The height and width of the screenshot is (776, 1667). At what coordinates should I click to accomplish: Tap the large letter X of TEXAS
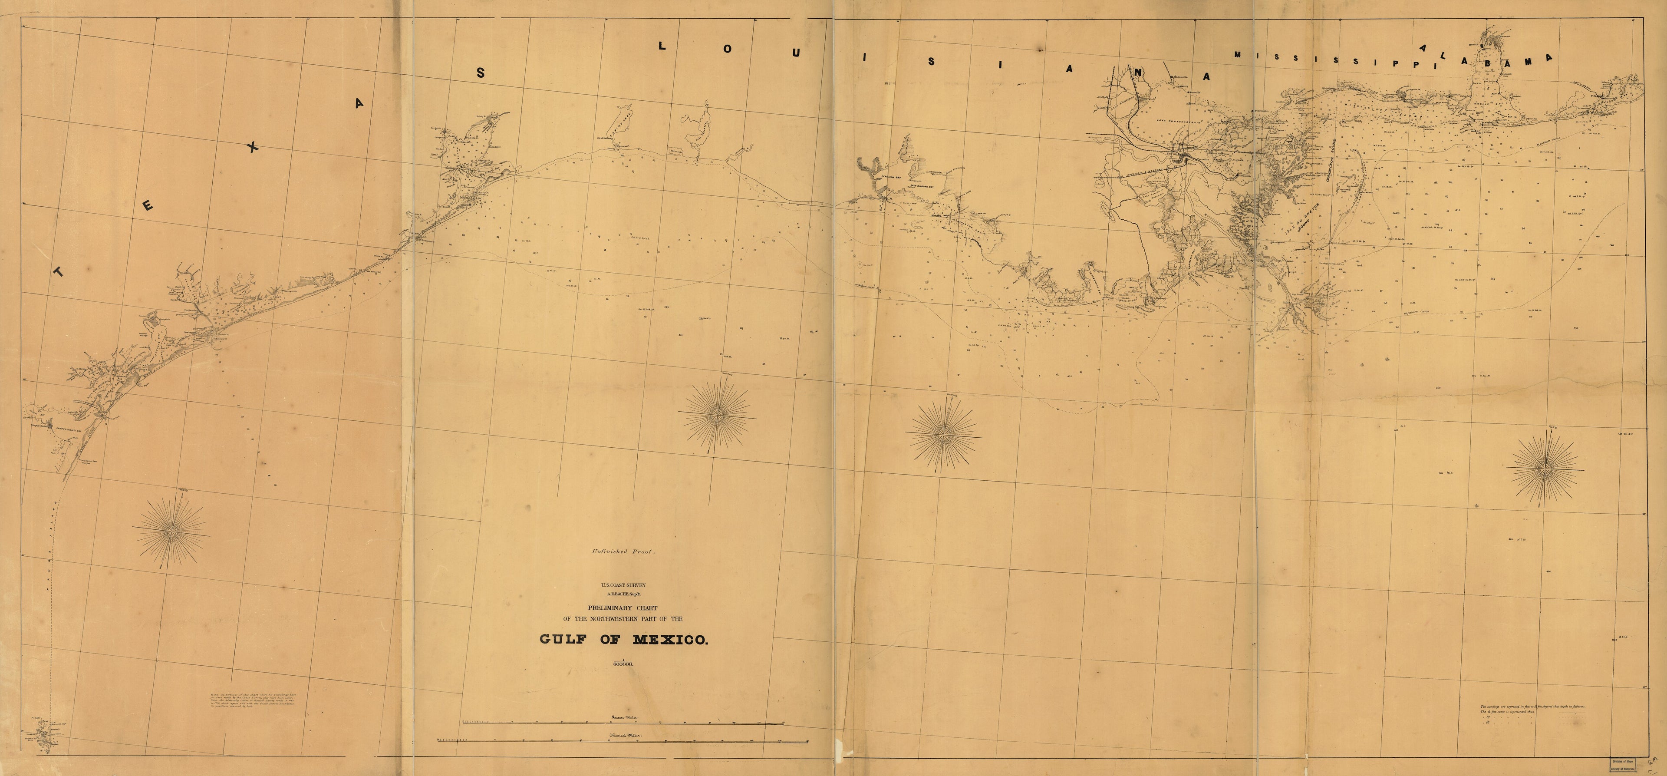[253, 148]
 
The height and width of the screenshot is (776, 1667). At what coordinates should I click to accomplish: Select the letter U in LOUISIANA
[795, 53]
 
